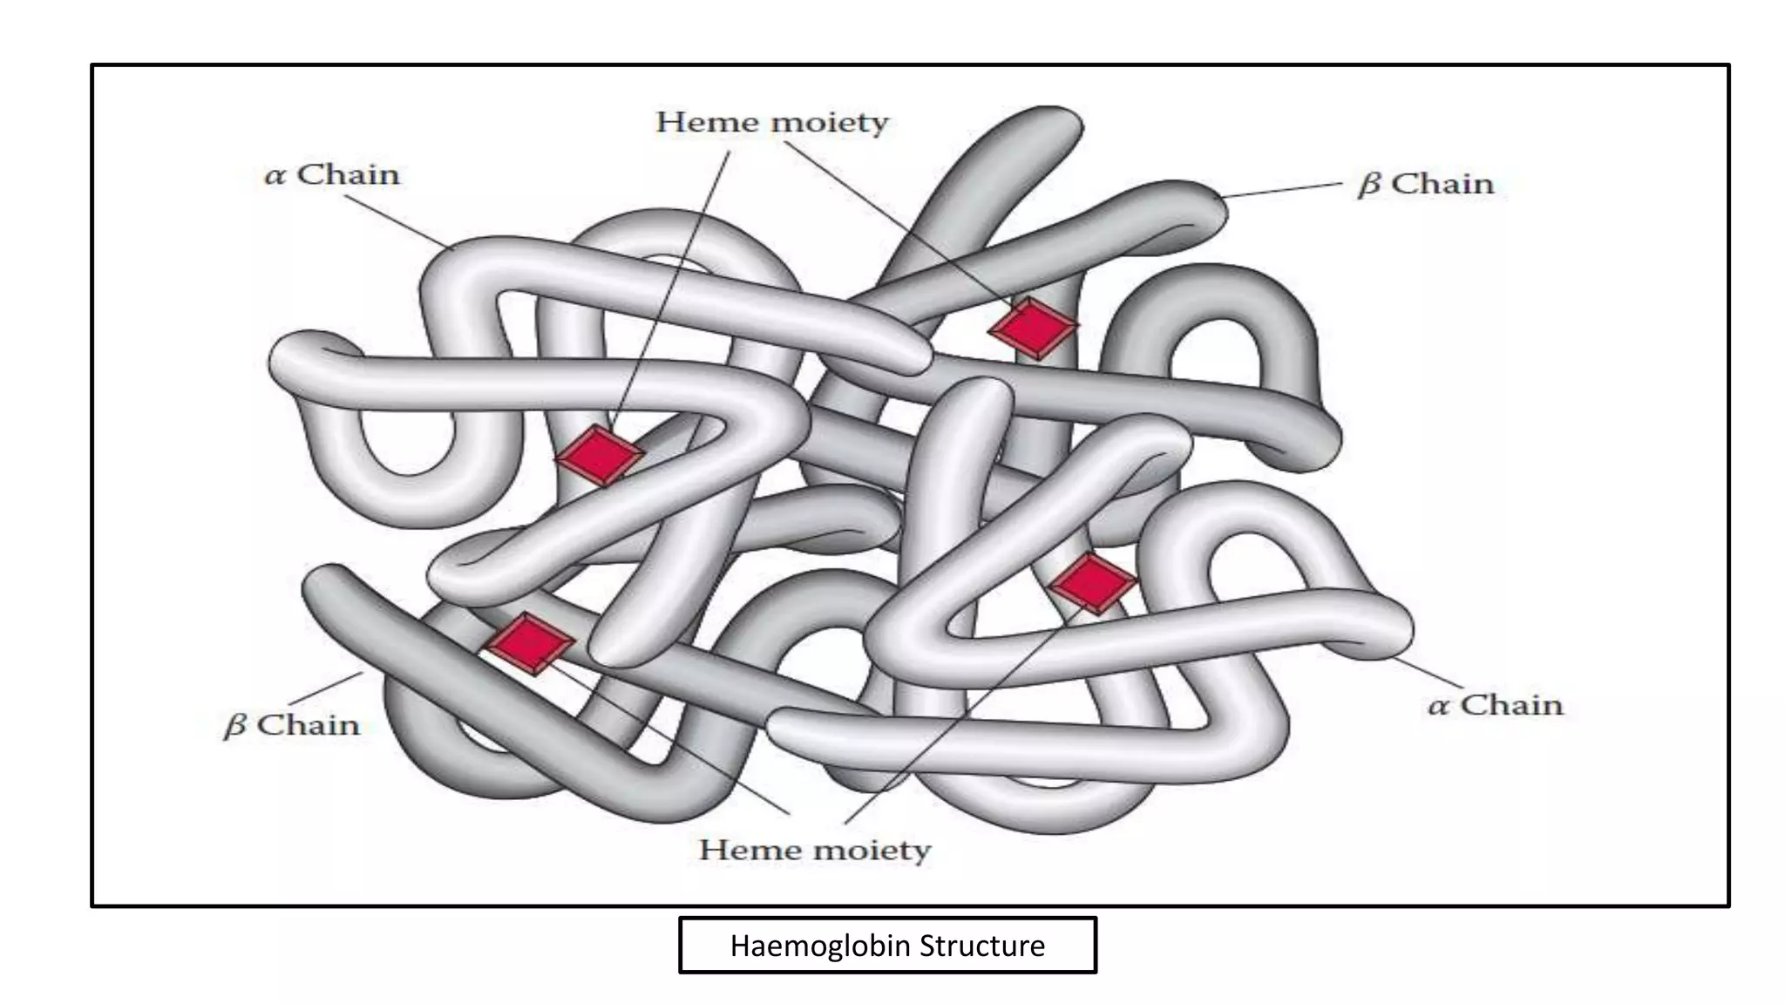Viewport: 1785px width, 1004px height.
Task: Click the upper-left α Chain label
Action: (332, 174)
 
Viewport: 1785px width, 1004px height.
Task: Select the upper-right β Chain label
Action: (1426, 185)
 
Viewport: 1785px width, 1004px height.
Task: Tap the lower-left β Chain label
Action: (292, 725)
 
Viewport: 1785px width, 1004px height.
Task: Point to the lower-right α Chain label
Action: (1496, 704)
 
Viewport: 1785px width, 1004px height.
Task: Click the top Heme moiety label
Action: (772, 123)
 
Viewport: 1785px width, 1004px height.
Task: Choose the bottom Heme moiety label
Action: (815, 850)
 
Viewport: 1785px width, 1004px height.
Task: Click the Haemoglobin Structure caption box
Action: (887, 945)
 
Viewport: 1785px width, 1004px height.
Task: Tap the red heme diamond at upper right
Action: (1034, 328)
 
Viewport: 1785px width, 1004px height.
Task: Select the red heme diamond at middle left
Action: (600, 455)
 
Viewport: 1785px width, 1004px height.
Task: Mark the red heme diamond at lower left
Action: (529, 643)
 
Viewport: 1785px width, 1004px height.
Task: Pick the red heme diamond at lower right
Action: (1093, 583)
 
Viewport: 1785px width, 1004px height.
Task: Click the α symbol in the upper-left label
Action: (275, 177)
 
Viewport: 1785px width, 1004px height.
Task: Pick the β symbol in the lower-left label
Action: (234, 726)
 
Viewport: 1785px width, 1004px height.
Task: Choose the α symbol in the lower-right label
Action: (1438, 707)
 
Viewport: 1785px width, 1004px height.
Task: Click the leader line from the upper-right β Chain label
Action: (1280, 191)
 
